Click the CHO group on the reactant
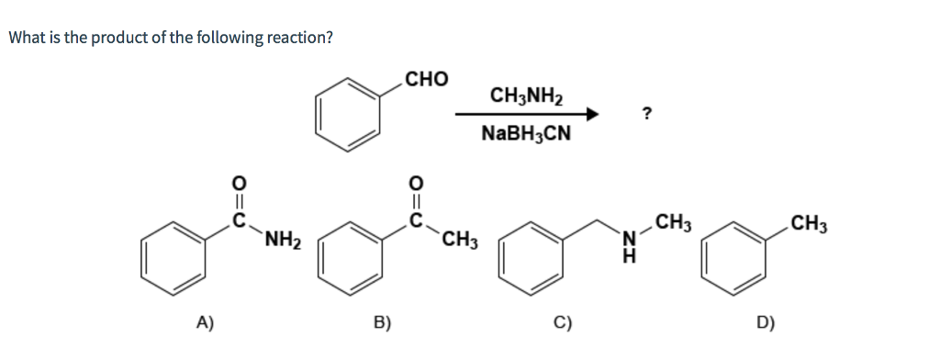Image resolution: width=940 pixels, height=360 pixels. tap(427, 79)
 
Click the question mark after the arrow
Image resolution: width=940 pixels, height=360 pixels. tap(647, 113)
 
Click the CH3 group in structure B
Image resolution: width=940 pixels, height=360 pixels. tap(459, 242)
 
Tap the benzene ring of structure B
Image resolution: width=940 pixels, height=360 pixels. tap(350, 257)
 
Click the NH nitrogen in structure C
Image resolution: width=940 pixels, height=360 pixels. tap(629, 240)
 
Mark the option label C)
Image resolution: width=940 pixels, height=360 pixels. tap(563, 321)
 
